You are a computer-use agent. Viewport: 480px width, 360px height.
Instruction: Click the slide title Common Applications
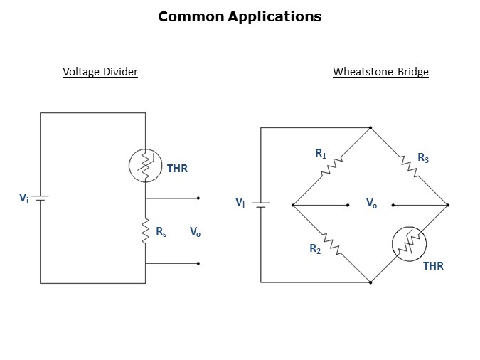click(x=240, y=16)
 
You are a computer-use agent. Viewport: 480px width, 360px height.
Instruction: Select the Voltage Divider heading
click(x=100, y=72)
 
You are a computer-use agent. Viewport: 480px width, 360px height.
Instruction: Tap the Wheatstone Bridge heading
click(x=380, y=72)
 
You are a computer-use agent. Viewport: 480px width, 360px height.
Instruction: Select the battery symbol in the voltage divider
click(x=41, y=198)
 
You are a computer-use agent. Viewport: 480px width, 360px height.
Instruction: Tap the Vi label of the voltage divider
click(x=23, y=198)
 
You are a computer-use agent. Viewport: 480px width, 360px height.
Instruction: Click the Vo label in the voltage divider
click(x=195, y=231)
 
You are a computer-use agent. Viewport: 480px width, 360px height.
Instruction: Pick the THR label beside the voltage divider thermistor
click(x=177, y=169)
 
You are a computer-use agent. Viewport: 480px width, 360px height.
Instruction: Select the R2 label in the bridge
click(x=315, y=249)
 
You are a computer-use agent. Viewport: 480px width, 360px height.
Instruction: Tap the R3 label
click(x=423, y=157)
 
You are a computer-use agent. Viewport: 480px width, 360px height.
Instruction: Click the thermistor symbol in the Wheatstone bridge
click(x=407, y=245)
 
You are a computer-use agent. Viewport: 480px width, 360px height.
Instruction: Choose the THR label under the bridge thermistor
click(x=433, y=266)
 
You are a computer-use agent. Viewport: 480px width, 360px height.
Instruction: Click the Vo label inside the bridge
click(x=371, y=203)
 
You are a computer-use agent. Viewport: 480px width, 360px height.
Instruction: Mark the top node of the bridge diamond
click(x=370, y=128)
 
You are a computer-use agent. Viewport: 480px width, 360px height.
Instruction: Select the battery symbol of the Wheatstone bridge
click(x=262, y=205)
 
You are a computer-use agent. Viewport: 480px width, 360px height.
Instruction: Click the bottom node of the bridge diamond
click(x=370, y=282)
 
